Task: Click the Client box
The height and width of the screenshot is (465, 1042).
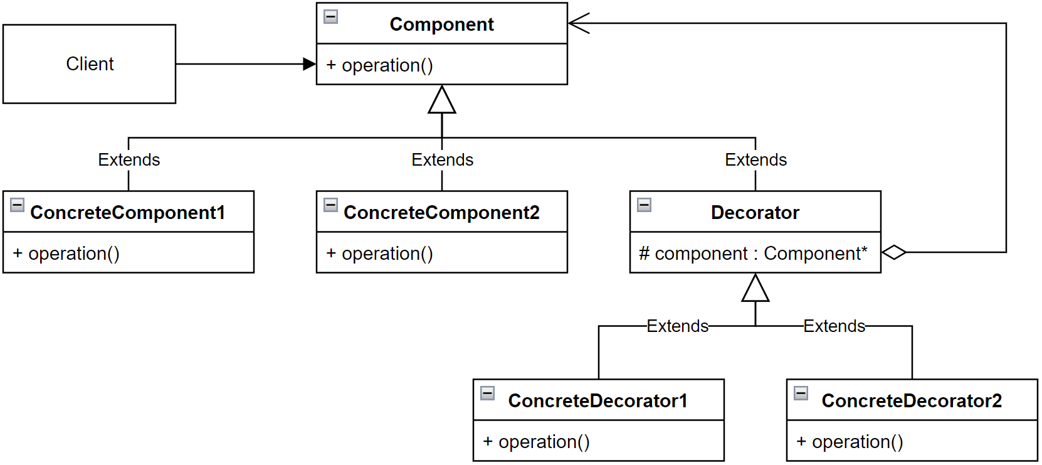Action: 89,64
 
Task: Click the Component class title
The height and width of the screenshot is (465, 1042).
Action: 441,24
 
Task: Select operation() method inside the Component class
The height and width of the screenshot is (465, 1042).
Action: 379,65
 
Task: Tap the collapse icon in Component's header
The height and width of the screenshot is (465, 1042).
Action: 331,17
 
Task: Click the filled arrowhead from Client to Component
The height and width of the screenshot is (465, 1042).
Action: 310,64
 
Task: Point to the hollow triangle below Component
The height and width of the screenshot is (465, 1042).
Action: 442,100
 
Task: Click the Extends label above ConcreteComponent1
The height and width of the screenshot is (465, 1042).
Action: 129,160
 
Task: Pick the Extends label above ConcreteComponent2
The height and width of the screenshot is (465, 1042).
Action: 443,160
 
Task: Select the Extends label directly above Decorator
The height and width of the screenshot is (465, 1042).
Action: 756,160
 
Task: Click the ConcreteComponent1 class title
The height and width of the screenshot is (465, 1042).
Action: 128,213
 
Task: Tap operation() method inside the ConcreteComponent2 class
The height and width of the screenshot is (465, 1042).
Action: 379,254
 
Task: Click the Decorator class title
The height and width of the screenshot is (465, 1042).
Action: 755,213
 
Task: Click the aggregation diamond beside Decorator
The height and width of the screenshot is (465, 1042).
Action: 894,252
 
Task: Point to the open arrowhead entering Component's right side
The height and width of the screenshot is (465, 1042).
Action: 578,23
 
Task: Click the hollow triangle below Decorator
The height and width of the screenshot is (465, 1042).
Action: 755,289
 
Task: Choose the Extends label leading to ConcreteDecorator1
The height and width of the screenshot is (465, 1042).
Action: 678,326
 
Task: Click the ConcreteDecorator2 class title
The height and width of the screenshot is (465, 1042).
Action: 912,401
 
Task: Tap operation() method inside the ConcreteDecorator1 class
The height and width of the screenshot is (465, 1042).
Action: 536,442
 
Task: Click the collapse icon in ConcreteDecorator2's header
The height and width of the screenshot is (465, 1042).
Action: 801,393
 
